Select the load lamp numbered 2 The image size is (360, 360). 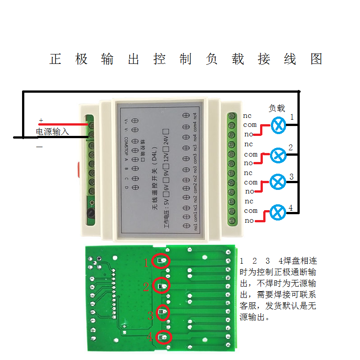[x=278, y=156]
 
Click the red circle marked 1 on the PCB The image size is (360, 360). [x=162, y=261]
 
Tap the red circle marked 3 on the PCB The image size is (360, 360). [x=162, y=313]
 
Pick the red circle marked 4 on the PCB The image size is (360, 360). [x=164, y=337]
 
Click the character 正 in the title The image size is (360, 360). [x=55, y=59]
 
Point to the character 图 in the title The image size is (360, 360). [x=316, y=59]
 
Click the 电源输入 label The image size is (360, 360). [x=53, y=132]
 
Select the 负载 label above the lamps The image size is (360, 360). [x=277, y=108]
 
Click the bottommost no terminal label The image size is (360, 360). [x=249, y=220]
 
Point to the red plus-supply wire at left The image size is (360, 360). [x=63, y=125]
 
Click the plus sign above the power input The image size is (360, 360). [x=41, y=121]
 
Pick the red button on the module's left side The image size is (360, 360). [x=78, y=169]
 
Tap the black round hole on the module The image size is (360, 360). [x=90, y=213]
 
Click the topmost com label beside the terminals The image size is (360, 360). [x=250, y=125]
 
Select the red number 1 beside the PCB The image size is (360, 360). [x=146, y=263]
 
